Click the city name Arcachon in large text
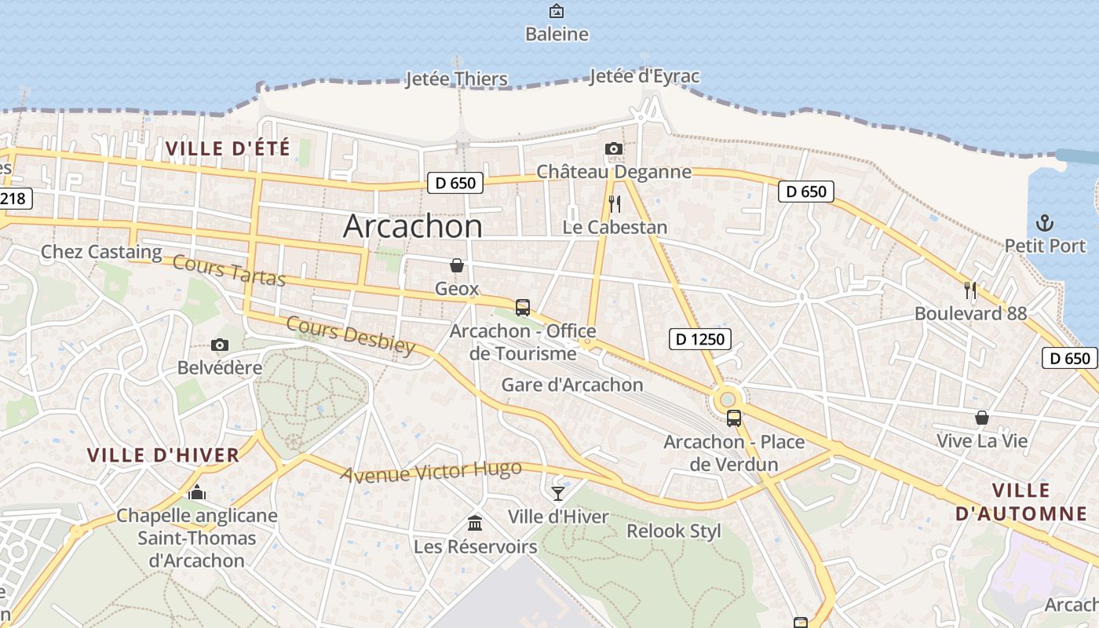point(413,226)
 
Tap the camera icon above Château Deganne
point(614,149)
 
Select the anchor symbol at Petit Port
point(1045,223)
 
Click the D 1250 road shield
point(700,339)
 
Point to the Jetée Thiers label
point(456,79)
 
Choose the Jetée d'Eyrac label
point(644,76)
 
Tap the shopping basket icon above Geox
point(457,265)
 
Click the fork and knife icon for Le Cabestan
point(615,204)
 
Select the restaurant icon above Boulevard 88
point(970,290)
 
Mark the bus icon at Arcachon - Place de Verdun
point(734,418)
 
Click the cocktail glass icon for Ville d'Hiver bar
point(558,493)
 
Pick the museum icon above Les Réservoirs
point(475,523)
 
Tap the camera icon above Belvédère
point(220,345)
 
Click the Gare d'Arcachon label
point(572,385)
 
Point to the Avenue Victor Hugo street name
point(431,472)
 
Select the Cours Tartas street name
point(228,271)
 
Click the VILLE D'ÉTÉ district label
point(228,148)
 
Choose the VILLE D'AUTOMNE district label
point(1021,502)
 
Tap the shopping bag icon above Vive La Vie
point(981,418)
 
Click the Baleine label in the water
point(557,35)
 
